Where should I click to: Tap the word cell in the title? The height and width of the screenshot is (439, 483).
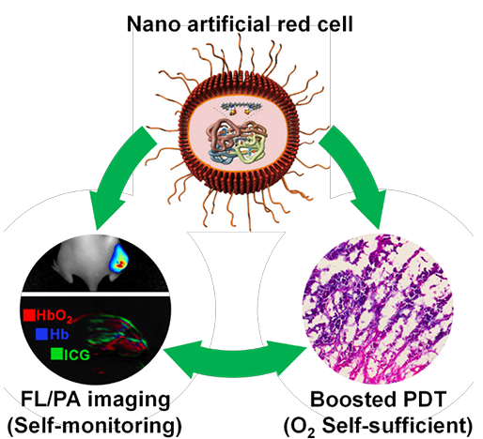[x=335, y=24]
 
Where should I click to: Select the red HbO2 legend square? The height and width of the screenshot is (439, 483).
[x=29, y=315]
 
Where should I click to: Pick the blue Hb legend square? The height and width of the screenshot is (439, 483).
[x=41, y=334]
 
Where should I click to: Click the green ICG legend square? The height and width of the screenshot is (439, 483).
[x=56, y=354]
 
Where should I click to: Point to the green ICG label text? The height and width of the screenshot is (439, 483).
[x=77, y=355]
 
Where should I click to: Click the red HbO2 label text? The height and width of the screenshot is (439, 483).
[x=55, y=316]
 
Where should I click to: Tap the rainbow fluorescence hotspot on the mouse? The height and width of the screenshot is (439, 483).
[x=119, y=258]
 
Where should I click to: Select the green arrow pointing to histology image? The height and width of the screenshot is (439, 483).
[x=355, y=175]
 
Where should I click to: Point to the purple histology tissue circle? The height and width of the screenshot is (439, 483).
[x=378, y=309]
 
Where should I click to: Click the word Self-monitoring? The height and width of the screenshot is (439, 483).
[x=94, y=426]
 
